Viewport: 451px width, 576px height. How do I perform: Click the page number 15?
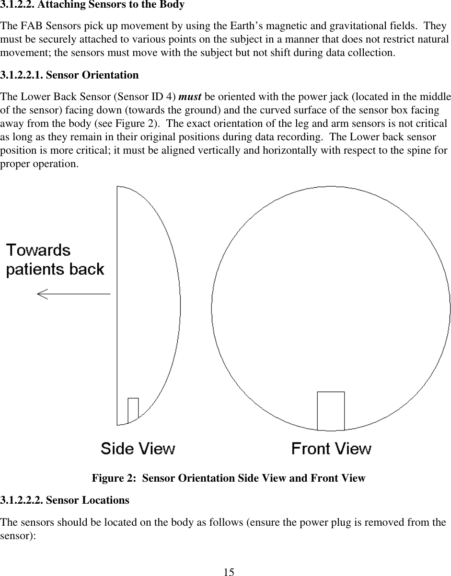(229, 572)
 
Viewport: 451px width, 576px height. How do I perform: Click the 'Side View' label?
(138, 449)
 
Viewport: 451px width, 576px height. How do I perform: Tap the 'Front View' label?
(331, 449)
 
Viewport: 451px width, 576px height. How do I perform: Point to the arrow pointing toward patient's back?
(73, 294)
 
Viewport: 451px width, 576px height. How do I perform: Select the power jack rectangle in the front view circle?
(331, 411)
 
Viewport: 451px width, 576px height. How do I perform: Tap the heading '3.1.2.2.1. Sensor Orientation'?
(69, 75)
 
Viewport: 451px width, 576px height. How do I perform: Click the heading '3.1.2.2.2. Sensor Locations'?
(65, 500)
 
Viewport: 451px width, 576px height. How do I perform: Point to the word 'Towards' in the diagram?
(38, 250)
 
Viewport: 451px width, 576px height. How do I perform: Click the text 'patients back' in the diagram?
(55, 269)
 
